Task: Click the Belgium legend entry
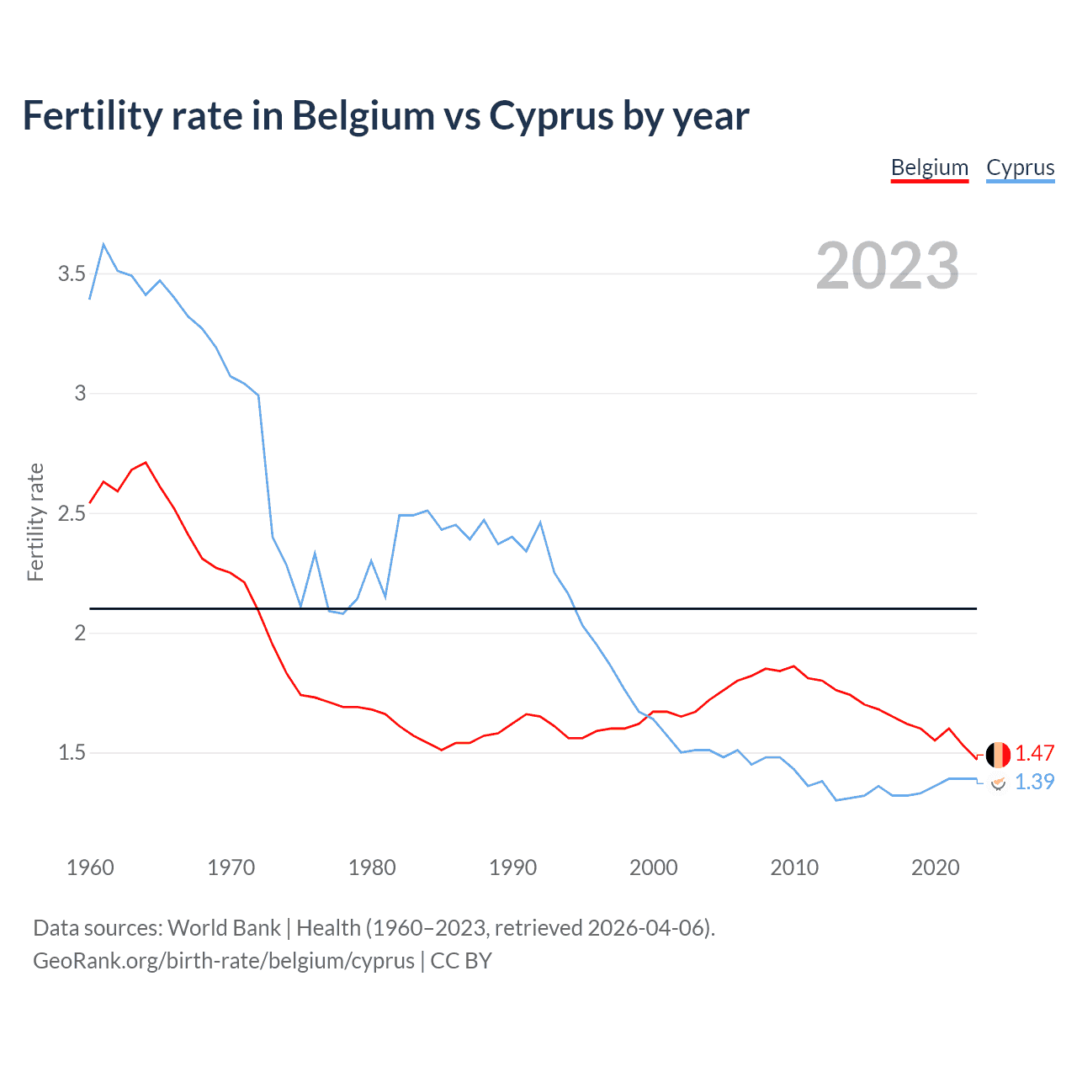[x=930, y=167]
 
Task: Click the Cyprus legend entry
[x=1020, y=167]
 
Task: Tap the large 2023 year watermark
[x=888, y=266]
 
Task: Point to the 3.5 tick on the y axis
[x=72, y=273]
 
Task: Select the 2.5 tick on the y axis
[x=72, y=513]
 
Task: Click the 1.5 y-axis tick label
[x=72, y=752]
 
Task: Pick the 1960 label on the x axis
[x=90, y=867]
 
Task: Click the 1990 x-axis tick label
[x=512, y=867]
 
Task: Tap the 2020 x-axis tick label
[x=935, y=867]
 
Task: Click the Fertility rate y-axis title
[x=35, y=522]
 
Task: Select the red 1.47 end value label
[x=1034, y=753]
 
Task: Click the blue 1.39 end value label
[x=1034, y=782]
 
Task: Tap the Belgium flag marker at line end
[x=998, y=755]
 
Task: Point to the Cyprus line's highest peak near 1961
[x=103, y=245]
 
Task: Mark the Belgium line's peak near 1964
[x=146, y=462]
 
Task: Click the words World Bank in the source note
[x=224, y=928]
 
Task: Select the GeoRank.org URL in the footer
[x=224, y=961]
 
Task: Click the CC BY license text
[x=461, y=961]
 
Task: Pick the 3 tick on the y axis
[x=80, y=393]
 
